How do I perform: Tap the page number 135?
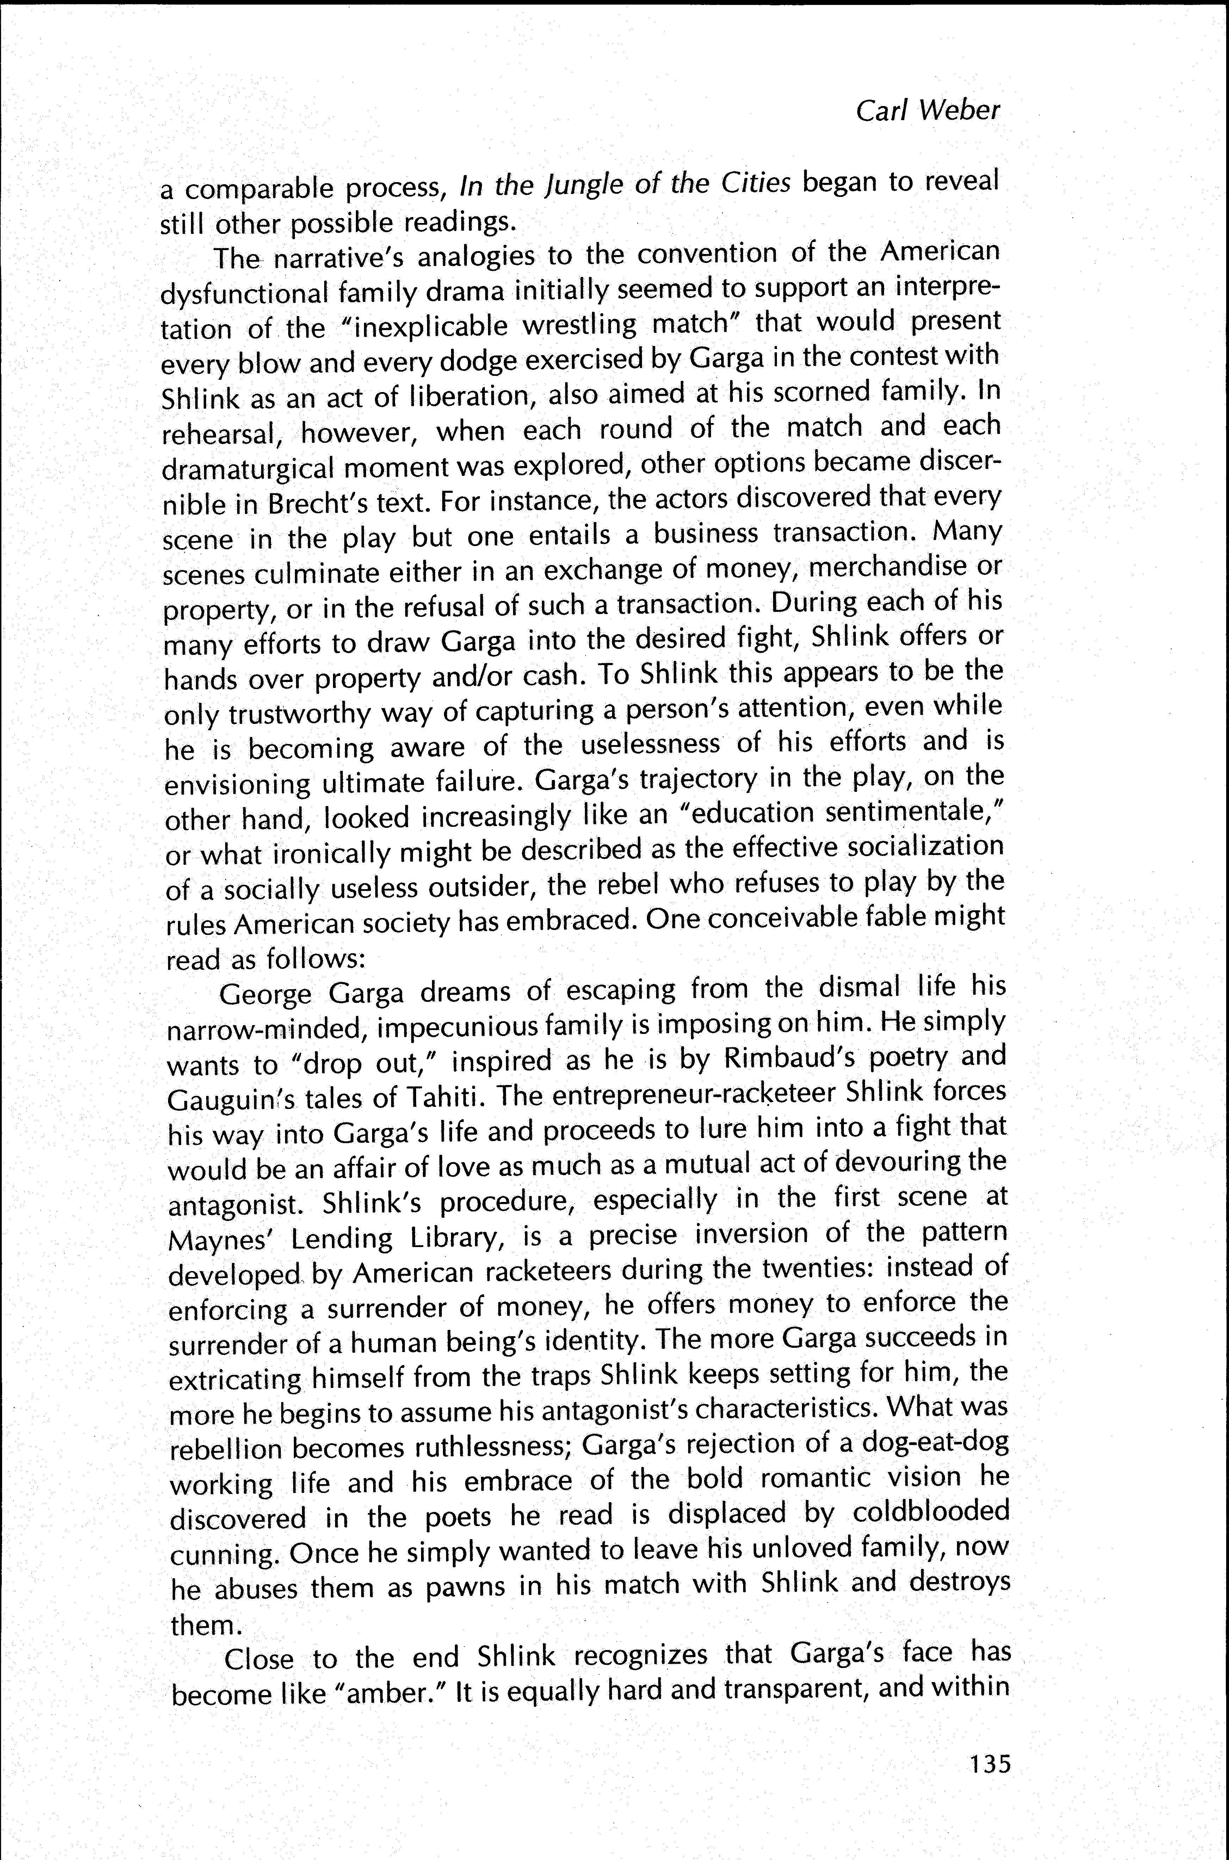coord(990,1763)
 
